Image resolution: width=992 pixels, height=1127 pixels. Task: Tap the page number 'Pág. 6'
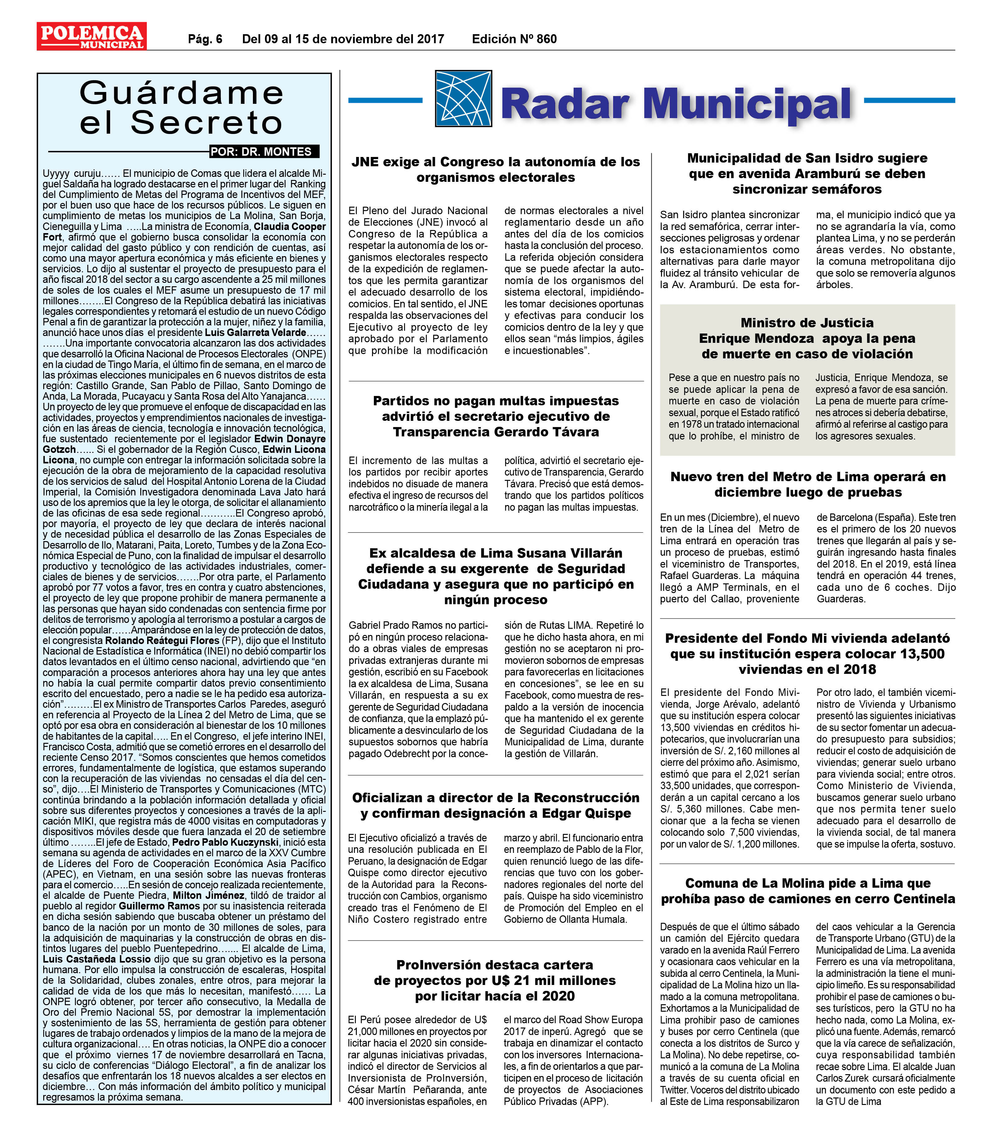click(205, 39)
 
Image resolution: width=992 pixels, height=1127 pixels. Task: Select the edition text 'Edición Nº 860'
click(514, 39)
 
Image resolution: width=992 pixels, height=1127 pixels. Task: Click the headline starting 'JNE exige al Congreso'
click(496, 169)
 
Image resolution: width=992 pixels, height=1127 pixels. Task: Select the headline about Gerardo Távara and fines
click(496, 416)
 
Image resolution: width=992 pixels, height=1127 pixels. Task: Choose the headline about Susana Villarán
click(496, 576)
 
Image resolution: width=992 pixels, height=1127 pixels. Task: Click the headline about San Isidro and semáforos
click(807, 174)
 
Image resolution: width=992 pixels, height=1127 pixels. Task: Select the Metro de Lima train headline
click(807, 484)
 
